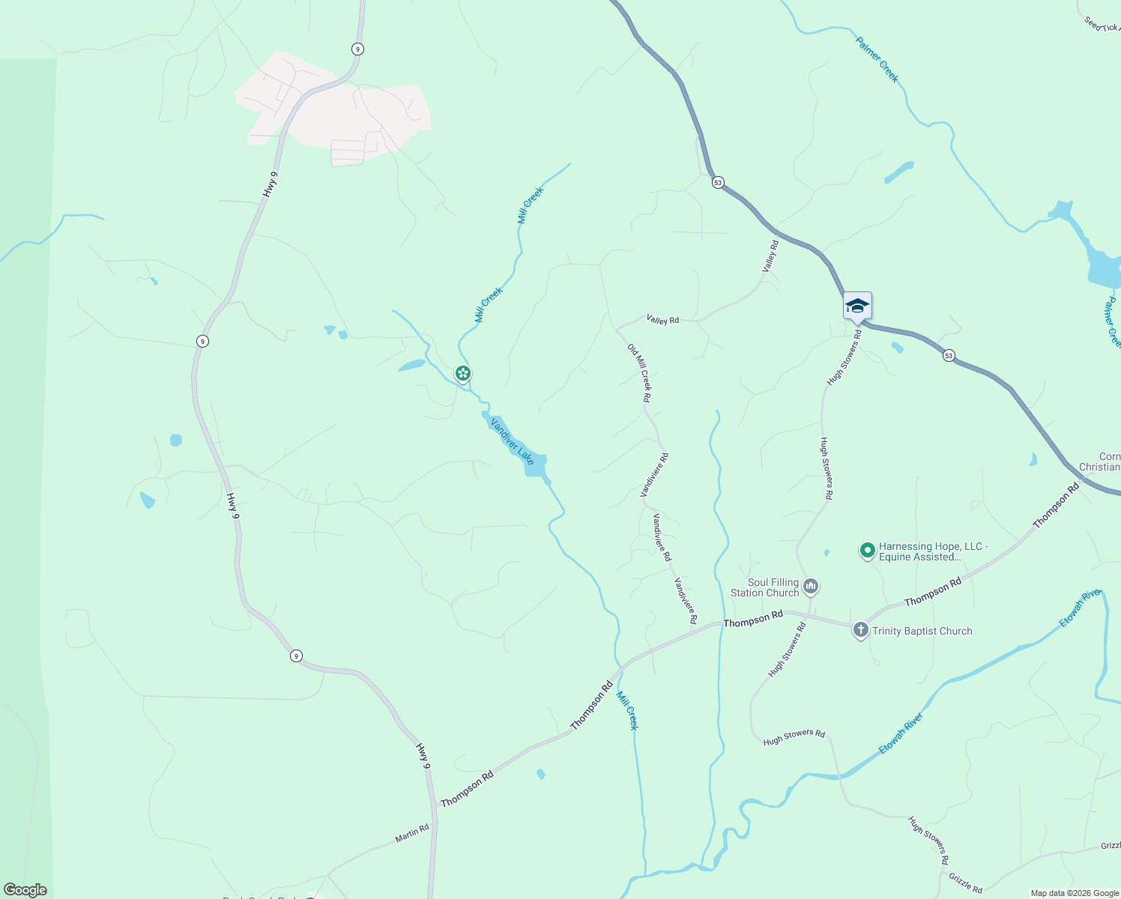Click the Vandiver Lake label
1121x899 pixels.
[512, 441]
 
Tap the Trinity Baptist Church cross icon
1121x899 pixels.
[860, 630]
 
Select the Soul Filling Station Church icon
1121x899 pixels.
[810, 586]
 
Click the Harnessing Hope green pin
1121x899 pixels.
[867, 551]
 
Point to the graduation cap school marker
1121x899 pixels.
[857, 306]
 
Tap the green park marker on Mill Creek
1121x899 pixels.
[463, 372]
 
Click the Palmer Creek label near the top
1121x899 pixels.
[877, 58]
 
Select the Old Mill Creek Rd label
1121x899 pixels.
[639, 373]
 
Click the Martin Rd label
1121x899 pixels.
[412, 833]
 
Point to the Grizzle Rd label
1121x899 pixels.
[965, 883]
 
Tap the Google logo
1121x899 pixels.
[25, 890]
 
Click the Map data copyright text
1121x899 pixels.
[1074, 893]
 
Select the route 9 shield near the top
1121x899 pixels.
[357, 49]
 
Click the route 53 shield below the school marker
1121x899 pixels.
[949, 355]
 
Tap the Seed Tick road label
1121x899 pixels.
[1102, 24]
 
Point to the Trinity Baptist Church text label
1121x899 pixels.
[922, 631]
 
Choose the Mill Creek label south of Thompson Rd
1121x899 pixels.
[627, 710]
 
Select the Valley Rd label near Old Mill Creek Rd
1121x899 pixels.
[662, 320]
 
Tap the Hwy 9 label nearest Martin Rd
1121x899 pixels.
[423, 755]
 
